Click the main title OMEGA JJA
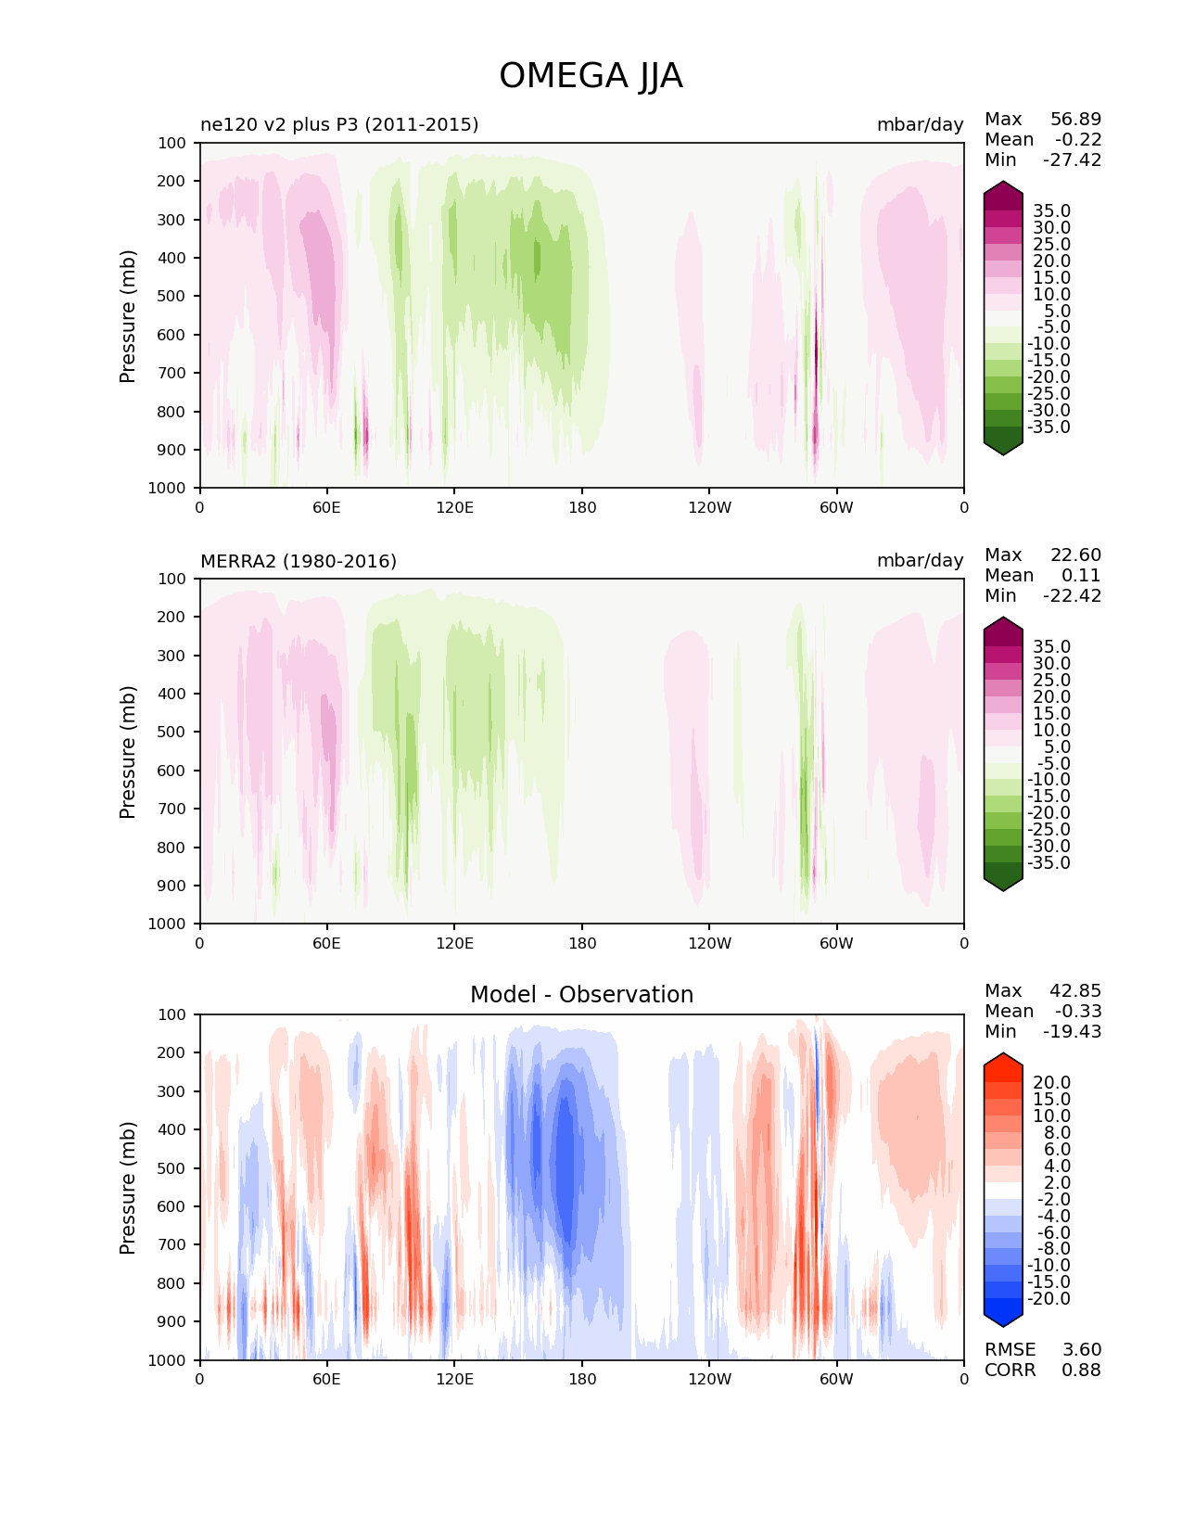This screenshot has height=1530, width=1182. pos(591,76)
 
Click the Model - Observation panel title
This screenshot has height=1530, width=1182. pos(581,995)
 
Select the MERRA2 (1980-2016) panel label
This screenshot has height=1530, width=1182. pos(299,561)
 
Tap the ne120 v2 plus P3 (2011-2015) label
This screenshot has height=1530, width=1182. pos(339,124)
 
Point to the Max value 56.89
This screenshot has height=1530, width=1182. pos(1075,119)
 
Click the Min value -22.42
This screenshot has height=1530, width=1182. pos(1072,595)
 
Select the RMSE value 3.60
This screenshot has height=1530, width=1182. pos(1081,1349)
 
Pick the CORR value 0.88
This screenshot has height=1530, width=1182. pos(1081,1370)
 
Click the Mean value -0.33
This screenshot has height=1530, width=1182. pos(1077,1011)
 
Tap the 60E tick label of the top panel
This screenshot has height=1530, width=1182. pos(326,507)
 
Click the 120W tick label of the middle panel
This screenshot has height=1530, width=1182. pos(709,943)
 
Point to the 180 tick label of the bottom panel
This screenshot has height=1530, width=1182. pos(581,1379)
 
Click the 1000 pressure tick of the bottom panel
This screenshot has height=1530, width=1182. pos(167,1360)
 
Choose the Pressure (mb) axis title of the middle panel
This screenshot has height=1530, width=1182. pos(128,751)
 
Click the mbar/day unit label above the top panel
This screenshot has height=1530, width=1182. pos(920,124)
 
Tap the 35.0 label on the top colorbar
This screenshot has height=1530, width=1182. pos(1051,211)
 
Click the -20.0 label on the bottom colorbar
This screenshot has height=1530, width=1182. pos(1049,1298)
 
